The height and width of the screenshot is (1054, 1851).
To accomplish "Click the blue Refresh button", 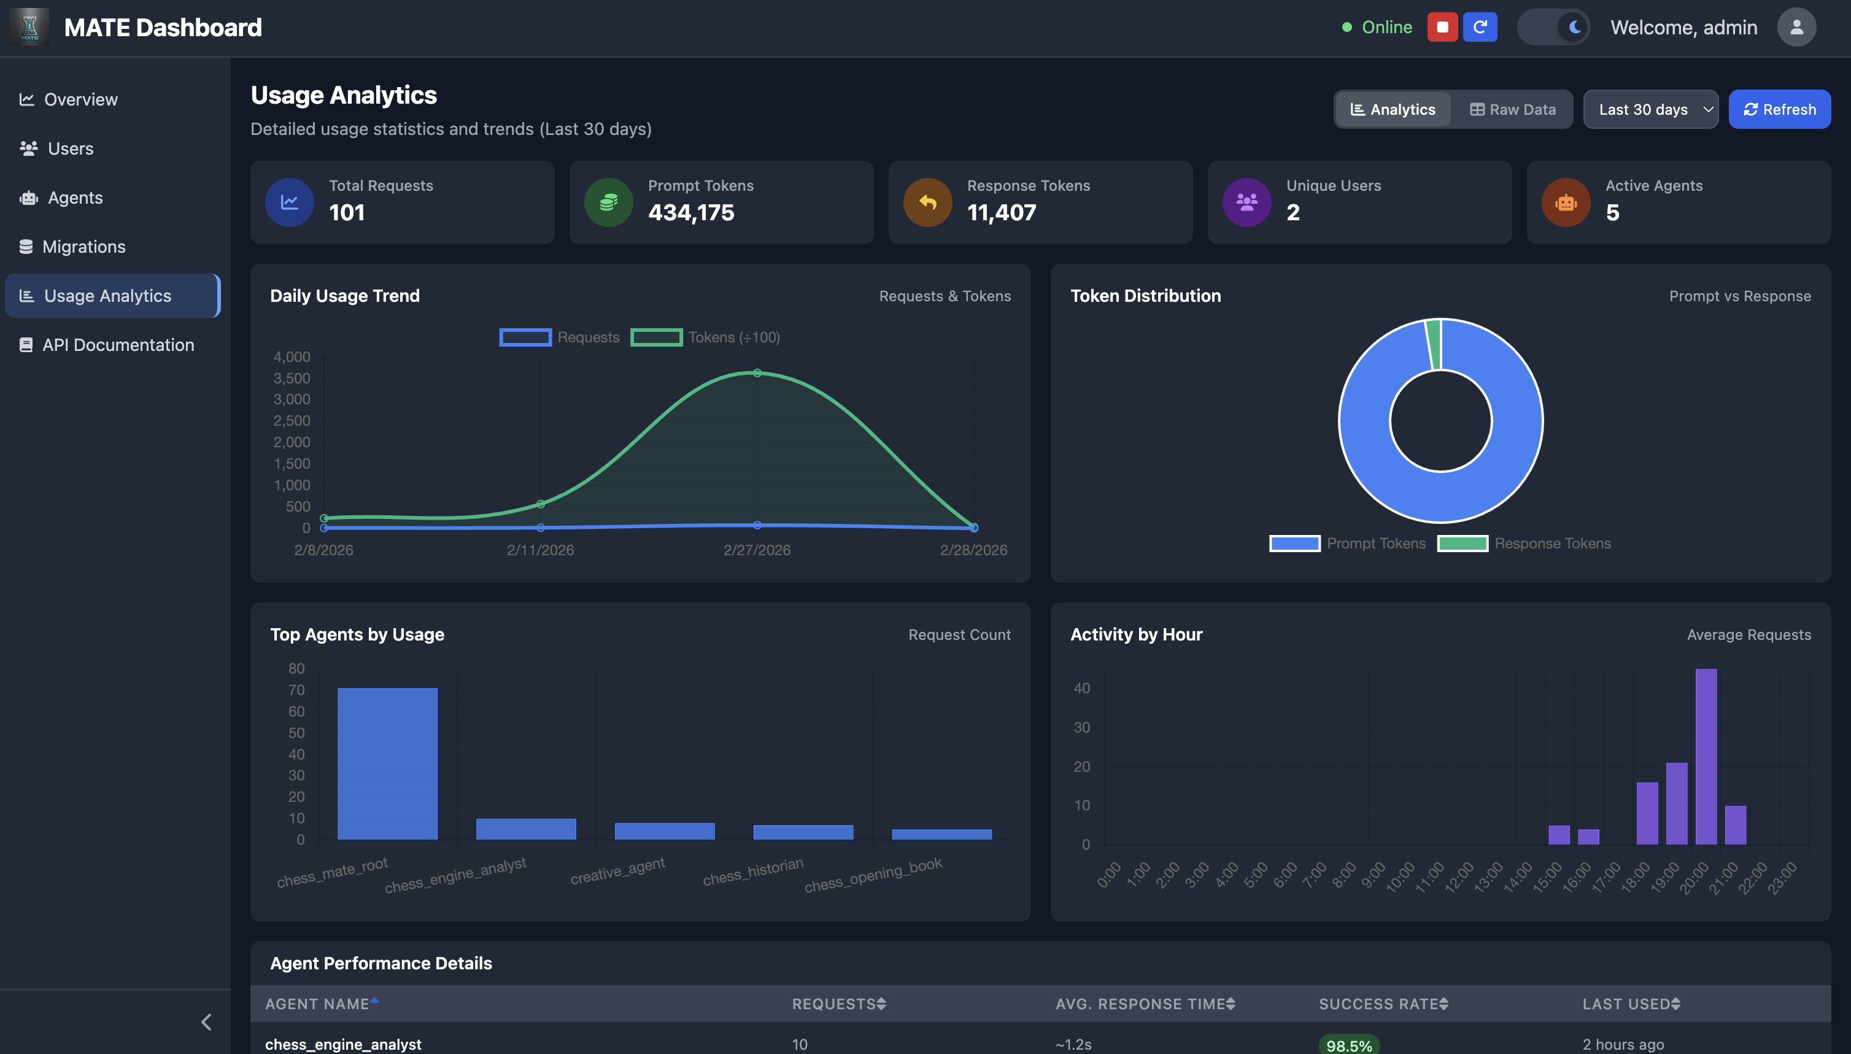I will tap(1779, 109).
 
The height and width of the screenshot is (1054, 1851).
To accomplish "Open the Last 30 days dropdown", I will tap(1650, 109).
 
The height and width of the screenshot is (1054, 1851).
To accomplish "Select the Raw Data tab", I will tap(1512, 109).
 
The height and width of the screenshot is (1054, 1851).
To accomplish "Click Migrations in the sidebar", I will tap(83, 247).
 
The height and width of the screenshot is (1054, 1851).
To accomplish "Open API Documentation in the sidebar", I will tap(117, 345).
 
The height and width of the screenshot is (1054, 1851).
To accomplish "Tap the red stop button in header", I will tap(1442, 28).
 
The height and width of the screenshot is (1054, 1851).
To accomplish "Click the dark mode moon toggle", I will tap(1573, 28).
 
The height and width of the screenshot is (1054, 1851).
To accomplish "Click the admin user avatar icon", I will tap(1796, 28).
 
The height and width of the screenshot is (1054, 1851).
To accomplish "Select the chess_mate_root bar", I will tap(387, 764).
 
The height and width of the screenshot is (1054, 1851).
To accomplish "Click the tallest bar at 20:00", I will tap(1706, 756).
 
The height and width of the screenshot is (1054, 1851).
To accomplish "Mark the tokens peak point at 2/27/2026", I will tap(757, 373).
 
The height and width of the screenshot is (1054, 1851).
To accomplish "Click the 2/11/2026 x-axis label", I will tap(540, 550).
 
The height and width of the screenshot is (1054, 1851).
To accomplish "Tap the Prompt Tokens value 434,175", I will tap(691, 213).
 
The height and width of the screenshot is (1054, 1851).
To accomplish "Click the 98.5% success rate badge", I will tap(1348, 1045).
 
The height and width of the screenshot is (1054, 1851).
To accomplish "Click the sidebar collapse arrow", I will tap(206, 1022).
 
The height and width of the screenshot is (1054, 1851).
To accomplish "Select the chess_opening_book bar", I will tap(941, 834).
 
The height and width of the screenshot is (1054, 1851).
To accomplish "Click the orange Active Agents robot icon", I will tap(1566, 202).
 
